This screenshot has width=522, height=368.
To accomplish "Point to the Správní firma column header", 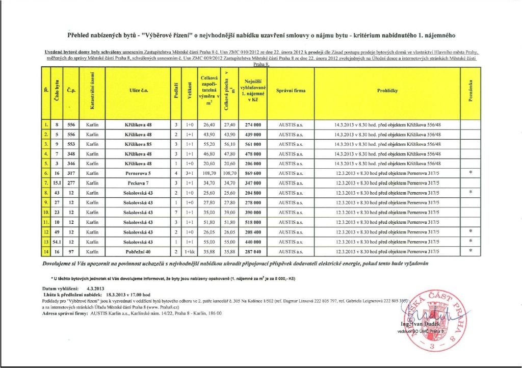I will [x=291, y=91].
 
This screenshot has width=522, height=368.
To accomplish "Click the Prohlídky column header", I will [x=387, y=91].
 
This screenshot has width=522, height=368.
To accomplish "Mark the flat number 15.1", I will [x=57, y=182].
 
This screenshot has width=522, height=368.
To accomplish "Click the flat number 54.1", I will [x=57, y=241].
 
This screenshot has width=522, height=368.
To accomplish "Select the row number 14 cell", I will [x=46, y=251].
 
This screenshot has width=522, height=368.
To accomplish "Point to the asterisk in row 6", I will [x=471, y=173].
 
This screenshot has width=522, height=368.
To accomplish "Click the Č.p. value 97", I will [x=71, y=251].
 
